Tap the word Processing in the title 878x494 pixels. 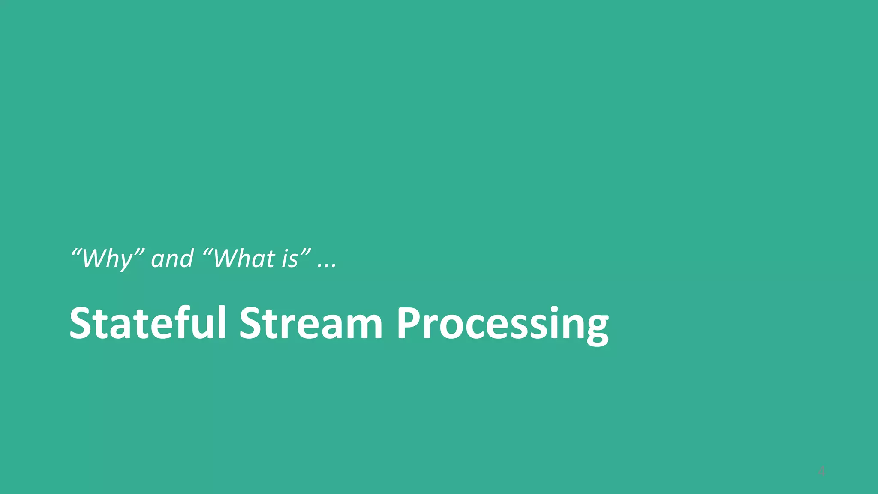(502, 324)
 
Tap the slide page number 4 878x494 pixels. (821, 472)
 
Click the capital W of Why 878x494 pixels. (95, 259)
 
